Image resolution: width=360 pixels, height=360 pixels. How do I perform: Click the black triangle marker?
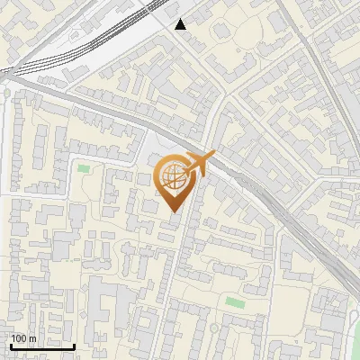[181, 24]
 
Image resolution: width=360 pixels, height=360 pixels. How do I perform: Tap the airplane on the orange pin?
[199, 165]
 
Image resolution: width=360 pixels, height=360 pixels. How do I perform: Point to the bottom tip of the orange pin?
[174, 212]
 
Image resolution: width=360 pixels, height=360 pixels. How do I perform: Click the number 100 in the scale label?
[19, 338]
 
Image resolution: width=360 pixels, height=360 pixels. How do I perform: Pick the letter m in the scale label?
[32, 338]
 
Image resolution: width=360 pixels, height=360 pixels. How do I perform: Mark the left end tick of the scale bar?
[10, 345]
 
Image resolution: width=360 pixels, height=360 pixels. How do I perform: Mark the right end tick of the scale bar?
[74, 345]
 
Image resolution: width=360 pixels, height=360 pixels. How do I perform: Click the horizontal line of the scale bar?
[41, 346]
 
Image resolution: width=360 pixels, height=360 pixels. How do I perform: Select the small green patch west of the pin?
[84, 167]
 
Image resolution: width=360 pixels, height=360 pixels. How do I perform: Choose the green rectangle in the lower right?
[235, 301]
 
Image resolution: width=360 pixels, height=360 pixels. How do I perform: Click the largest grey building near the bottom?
[108, 324]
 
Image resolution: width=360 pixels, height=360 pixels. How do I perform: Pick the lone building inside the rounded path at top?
[221, 32]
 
